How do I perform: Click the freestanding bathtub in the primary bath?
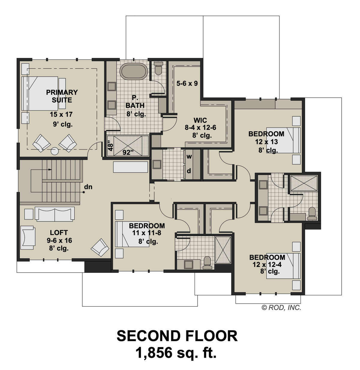click(x=134, y=72)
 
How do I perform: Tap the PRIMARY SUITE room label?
click(x=62, y=96)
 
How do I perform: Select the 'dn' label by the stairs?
click(x=88, y=187)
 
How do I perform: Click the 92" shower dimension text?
click(x=128, y=152)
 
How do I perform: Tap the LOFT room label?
click(x=59, y=232)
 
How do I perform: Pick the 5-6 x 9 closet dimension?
click(x=187, y=83)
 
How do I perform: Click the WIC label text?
click(x=200, y=120)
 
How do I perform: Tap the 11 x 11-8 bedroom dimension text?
click(x=147, y=233)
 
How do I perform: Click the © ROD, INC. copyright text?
click(x=281, y=307)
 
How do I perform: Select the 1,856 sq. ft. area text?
click(x=176, y=353)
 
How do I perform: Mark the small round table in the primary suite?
click(x=55, y=151)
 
